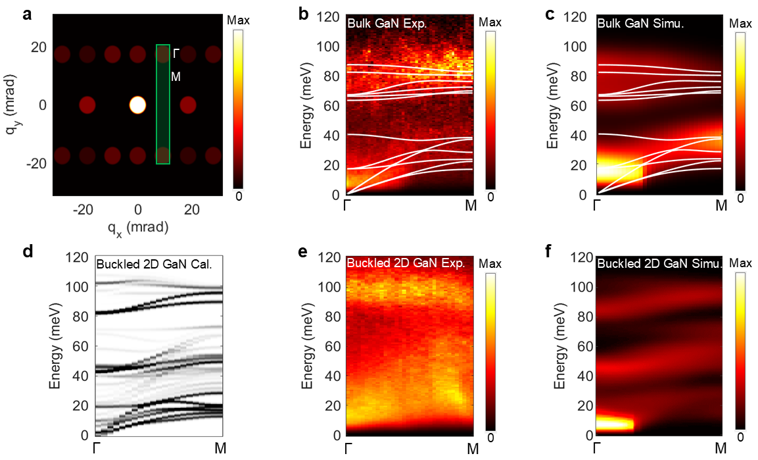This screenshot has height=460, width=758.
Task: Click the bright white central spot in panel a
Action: [x=137, y=105]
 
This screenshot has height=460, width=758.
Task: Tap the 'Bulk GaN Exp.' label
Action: [x=381, y=24]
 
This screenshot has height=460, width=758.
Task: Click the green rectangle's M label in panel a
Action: [x=176, y=77]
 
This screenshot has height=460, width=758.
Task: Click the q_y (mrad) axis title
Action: [x=11, y=105]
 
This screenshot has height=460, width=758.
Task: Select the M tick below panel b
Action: [x=471, y=207]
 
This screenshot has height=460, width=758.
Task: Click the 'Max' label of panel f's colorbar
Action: [x=740, y=264]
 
